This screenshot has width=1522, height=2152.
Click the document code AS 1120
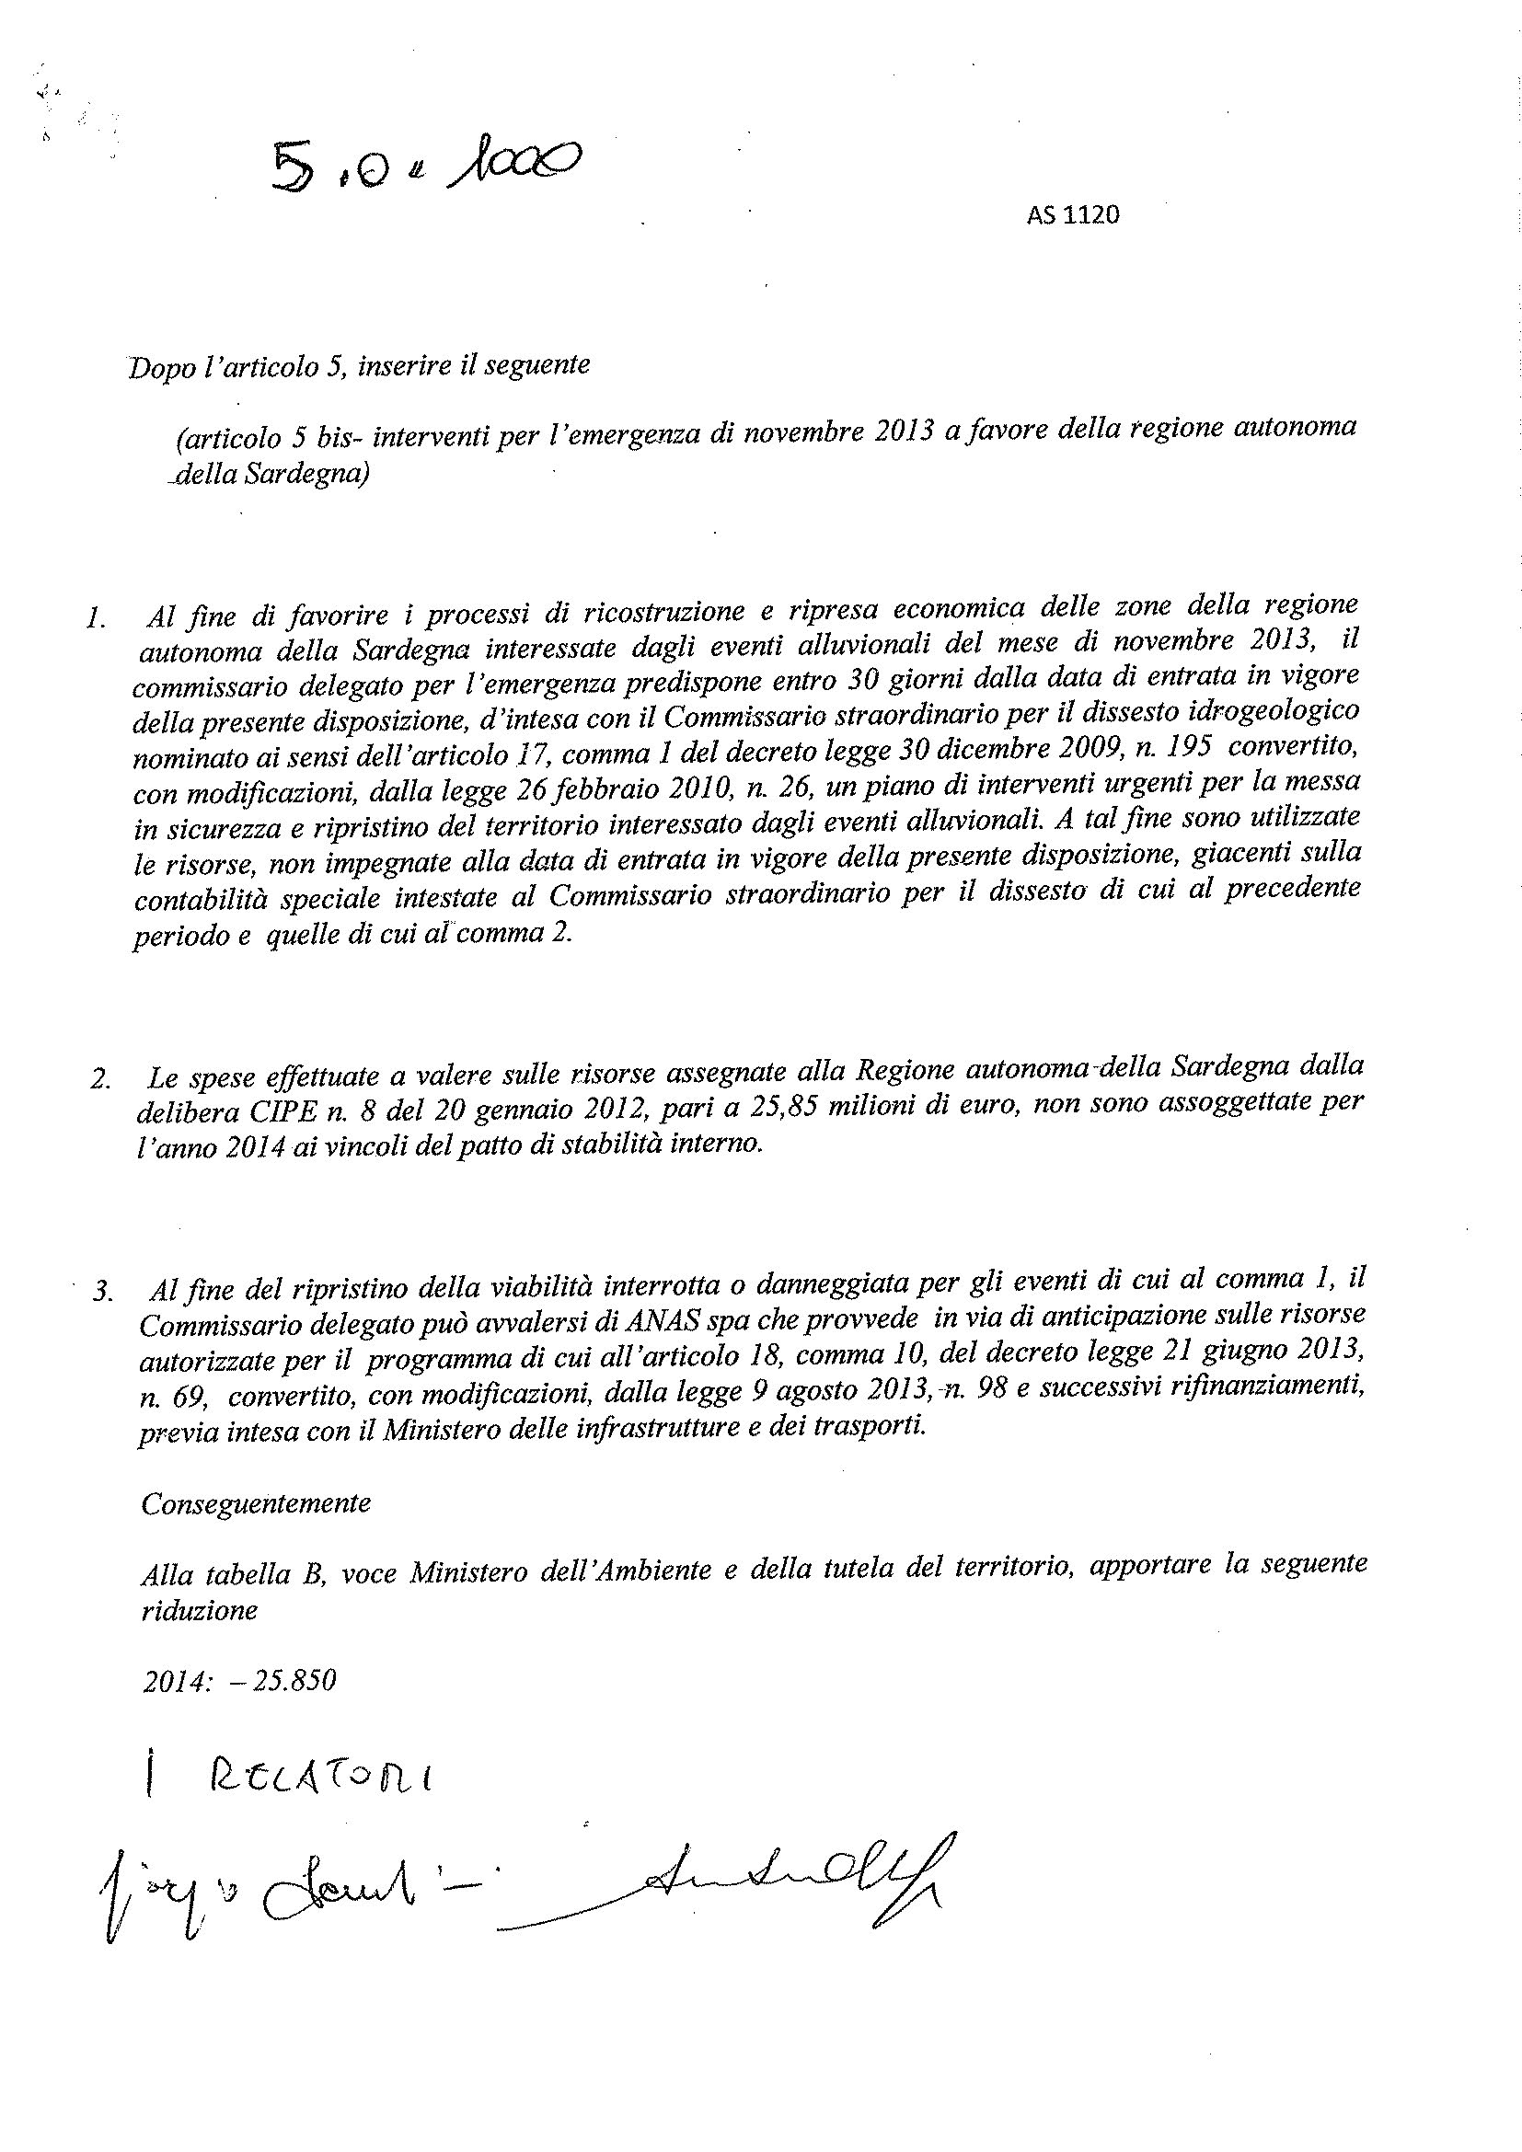pyautogui.click(x=1072, y=215)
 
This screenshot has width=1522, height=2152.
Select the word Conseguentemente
pyautogui.click(x=256, y=1503)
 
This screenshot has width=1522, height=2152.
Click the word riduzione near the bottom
pyautogui.click(x=199, y=1611)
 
